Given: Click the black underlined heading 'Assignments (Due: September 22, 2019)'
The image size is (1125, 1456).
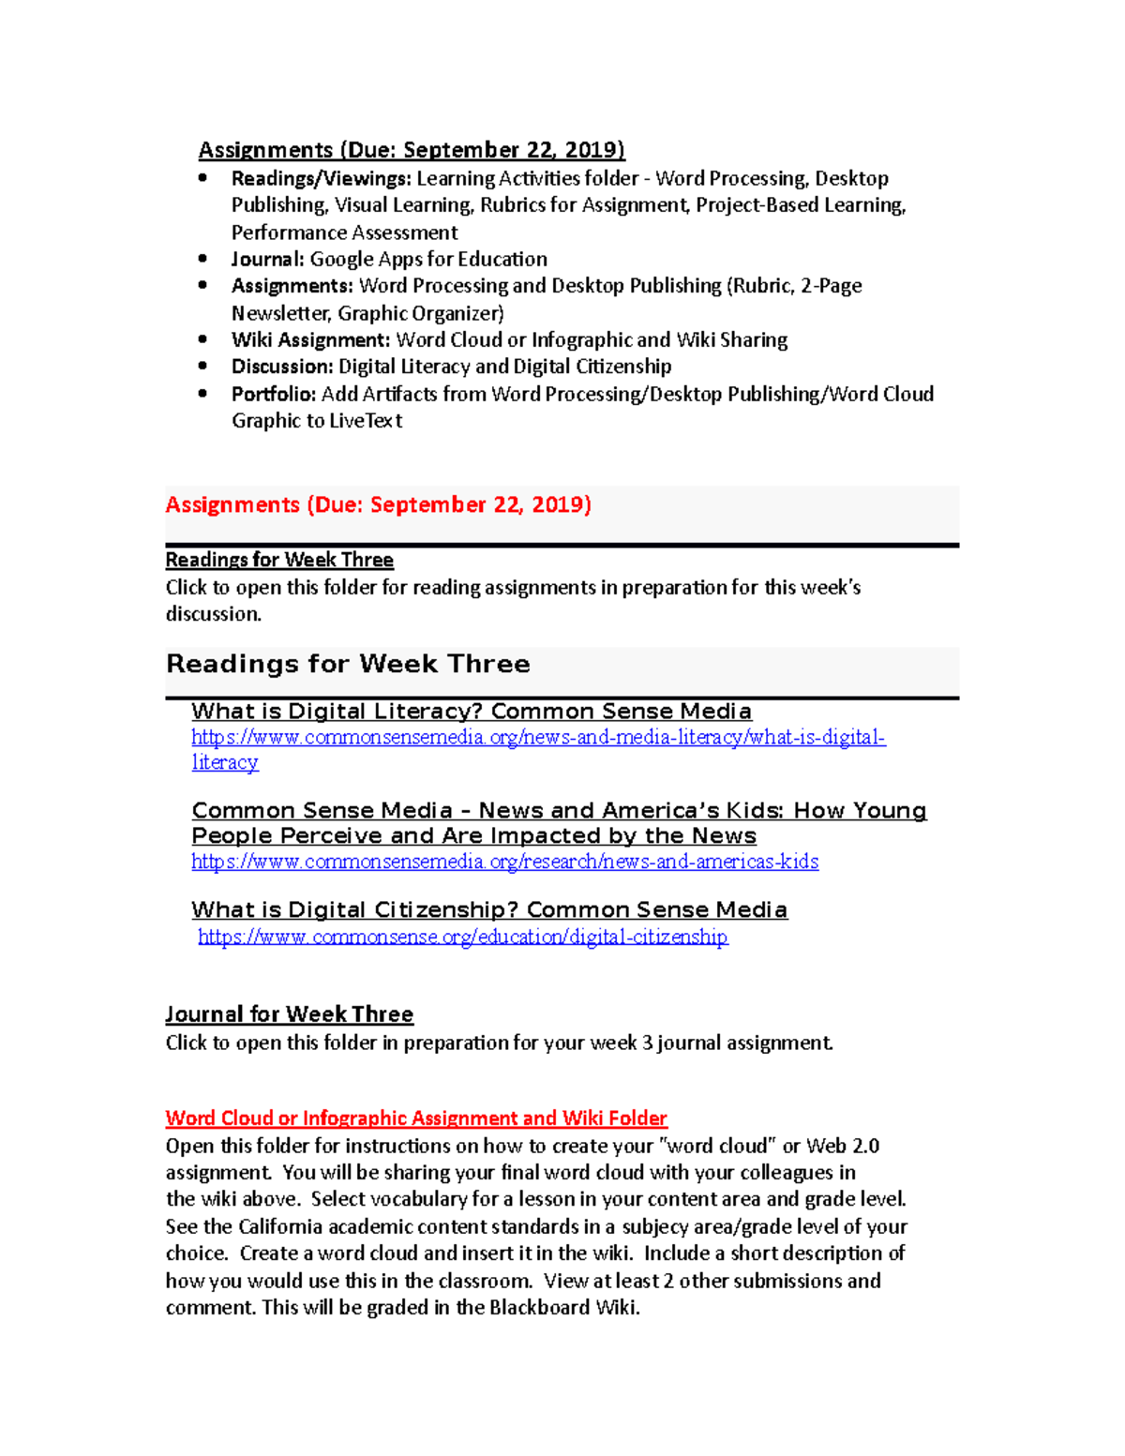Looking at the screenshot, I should tap(411, 150).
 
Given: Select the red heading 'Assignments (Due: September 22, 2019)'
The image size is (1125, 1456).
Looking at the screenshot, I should tap(378, 505).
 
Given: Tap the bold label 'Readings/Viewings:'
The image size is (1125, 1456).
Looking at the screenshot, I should tap(321, 178).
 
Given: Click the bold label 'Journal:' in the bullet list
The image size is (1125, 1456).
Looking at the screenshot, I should tap(268, 259).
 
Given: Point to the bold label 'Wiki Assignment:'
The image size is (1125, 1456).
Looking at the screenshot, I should tap(310, 339).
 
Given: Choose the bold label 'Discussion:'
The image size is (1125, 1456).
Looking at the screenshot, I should tap(282, 367).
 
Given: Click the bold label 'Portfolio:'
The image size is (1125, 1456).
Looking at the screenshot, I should tap(274, 394).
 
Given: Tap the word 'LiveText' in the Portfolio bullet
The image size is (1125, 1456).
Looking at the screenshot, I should tap(366, 421).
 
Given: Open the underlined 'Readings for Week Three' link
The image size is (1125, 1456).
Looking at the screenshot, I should tap(279, 560).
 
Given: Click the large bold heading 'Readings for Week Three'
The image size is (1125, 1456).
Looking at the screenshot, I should tap(348, 664).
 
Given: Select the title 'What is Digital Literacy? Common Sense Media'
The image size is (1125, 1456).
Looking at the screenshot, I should tap(472, 712).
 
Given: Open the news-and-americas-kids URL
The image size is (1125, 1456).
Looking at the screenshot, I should tap(504, 862).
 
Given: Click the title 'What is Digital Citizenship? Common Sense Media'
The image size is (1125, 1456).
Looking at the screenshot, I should tap(489, 909).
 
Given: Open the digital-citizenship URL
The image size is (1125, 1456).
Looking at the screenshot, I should tap(462, 937).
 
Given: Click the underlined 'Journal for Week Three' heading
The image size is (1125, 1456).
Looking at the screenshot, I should tap(289, 1014).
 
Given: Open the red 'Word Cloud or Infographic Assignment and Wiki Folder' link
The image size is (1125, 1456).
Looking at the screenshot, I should tap(416, 1118).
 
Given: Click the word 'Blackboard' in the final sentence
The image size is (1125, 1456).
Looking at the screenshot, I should tap(539, 1308).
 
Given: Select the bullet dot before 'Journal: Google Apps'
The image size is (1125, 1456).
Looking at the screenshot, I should tap(203, 259).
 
